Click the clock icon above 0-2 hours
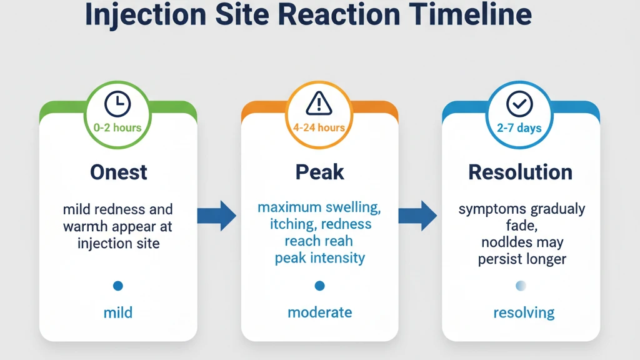117,103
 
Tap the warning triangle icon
319,102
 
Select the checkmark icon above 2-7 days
519,104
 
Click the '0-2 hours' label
117,128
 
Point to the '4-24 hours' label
319,128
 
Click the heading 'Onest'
118,172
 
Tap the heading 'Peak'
319,172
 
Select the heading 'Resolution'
520,172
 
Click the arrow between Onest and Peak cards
217,216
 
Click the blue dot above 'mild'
117,286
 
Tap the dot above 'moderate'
319,286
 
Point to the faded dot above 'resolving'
521,286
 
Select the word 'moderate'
319,312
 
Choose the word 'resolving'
524,312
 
